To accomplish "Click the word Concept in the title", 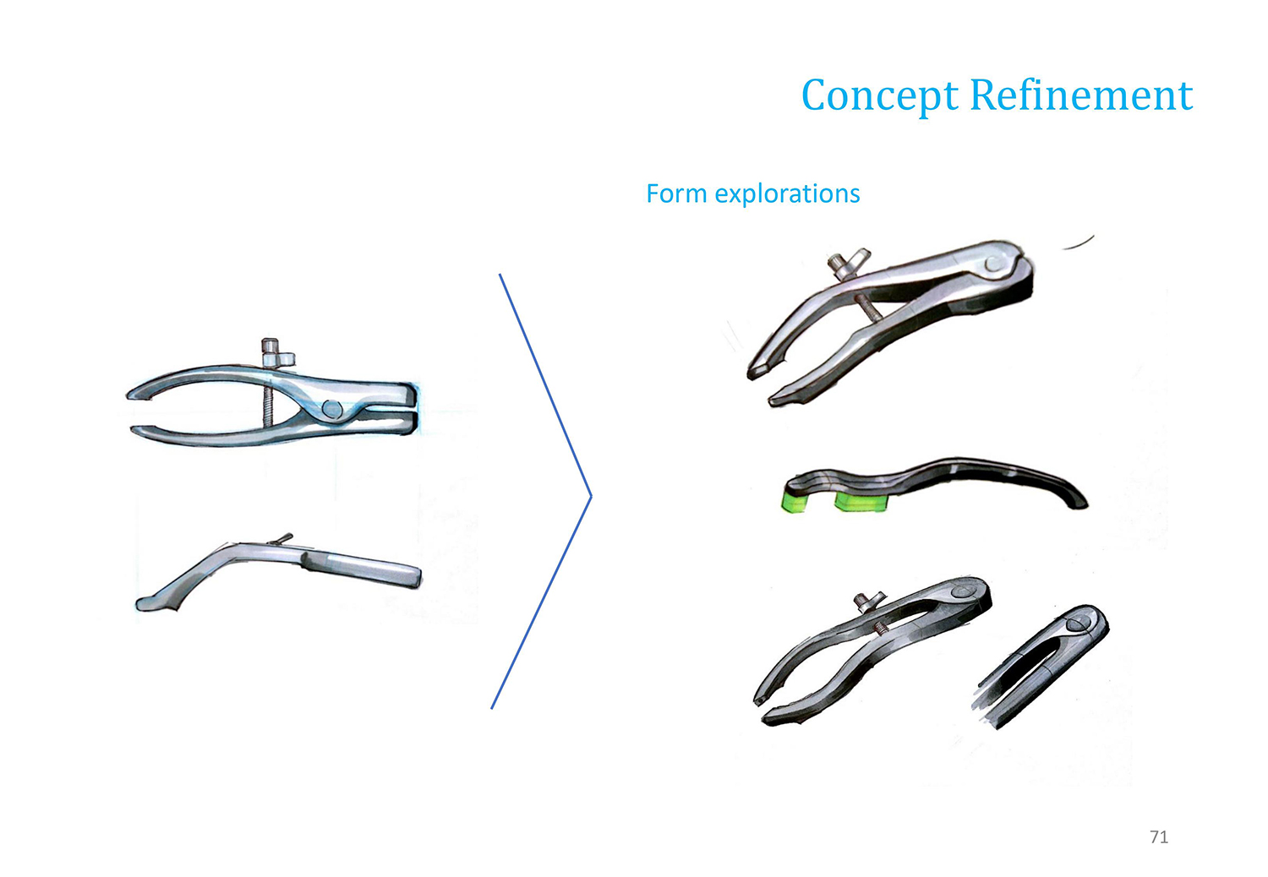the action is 880,96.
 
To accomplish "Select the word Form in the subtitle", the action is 676,193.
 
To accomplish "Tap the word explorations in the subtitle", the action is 787,194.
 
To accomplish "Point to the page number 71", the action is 1159,836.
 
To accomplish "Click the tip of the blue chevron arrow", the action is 591,496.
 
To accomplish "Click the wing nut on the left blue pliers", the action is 276,352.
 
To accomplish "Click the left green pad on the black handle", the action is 795,502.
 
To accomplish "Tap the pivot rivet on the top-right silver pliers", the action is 993,264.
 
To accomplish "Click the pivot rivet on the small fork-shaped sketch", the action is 1077,624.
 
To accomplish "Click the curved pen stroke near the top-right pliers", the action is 1079,242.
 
